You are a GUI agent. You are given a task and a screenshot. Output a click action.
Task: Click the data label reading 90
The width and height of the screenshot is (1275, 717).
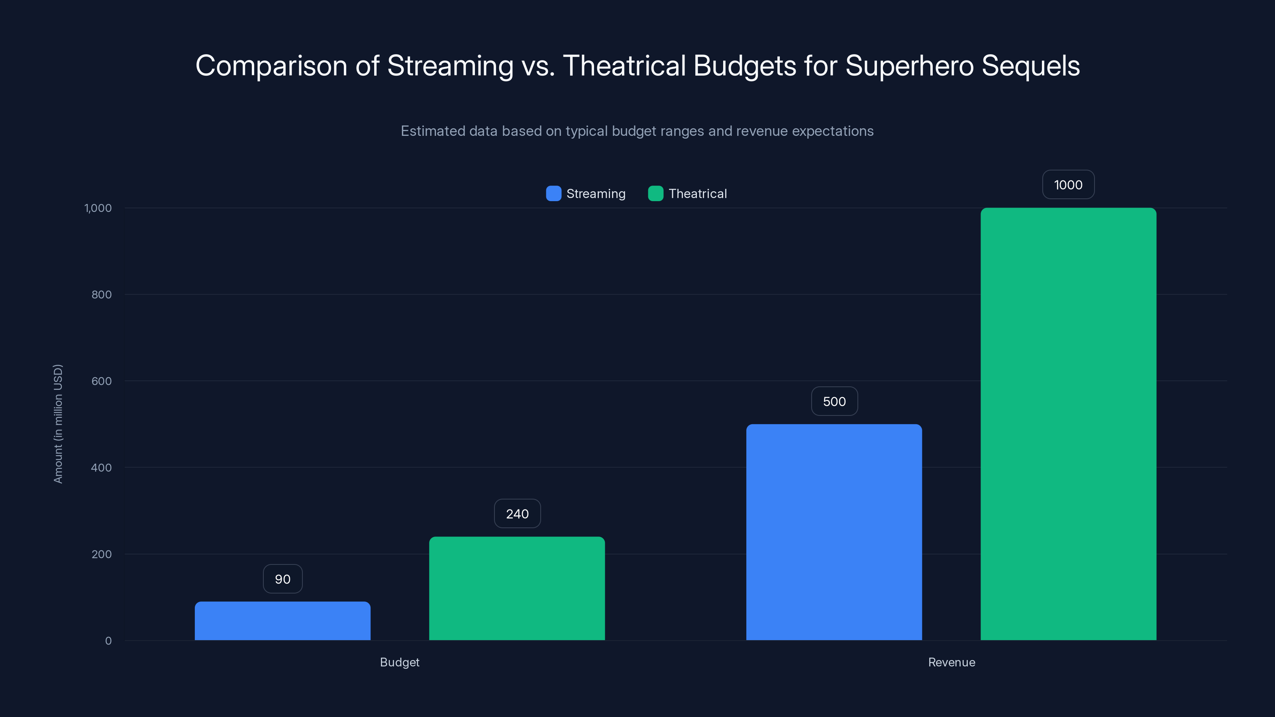(x=282, y=579)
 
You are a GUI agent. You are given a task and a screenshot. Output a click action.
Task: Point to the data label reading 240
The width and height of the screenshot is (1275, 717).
(x=517, y=513)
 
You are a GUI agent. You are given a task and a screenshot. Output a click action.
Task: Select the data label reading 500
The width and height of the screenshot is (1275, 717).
(x=834, y=401)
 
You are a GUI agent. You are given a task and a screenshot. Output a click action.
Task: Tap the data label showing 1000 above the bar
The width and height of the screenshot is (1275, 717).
(x=1068, y=184)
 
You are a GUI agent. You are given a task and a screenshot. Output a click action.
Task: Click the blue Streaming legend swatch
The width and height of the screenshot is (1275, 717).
(x=553, y=194)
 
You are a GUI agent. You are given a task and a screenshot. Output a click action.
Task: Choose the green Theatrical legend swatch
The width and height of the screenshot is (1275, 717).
(x=655, y=194)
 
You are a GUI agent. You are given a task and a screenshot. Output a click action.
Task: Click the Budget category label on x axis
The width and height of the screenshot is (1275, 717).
(x=399, y=662)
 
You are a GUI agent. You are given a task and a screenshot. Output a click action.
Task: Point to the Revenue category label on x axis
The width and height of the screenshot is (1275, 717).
(x=951, y=662)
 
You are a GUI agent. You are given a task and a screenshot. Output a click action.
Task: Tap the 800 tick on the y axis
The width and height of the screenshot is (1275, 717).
(x=102, y=294)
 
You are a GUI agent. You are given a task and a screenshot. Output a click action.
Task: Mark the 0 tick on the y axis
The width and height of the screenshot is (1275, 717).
(x=108, y=641)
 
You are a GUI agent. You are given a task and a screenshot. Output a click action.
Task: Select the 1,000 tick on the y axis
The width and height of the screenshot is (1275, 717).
(x=98, y=208)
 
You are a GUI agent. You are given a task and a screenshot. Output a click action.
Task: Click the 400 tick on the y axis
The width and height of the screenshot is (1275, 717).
(x=102, y=468)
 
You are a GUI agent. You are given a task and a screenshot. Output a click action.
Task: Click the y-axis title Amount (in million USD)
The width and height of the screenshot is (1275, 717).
(x=58, y=423)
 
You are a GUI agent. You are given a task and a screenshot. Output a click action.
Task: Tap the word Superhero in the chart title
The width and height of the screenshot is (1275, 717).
(x=909, y=66)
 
